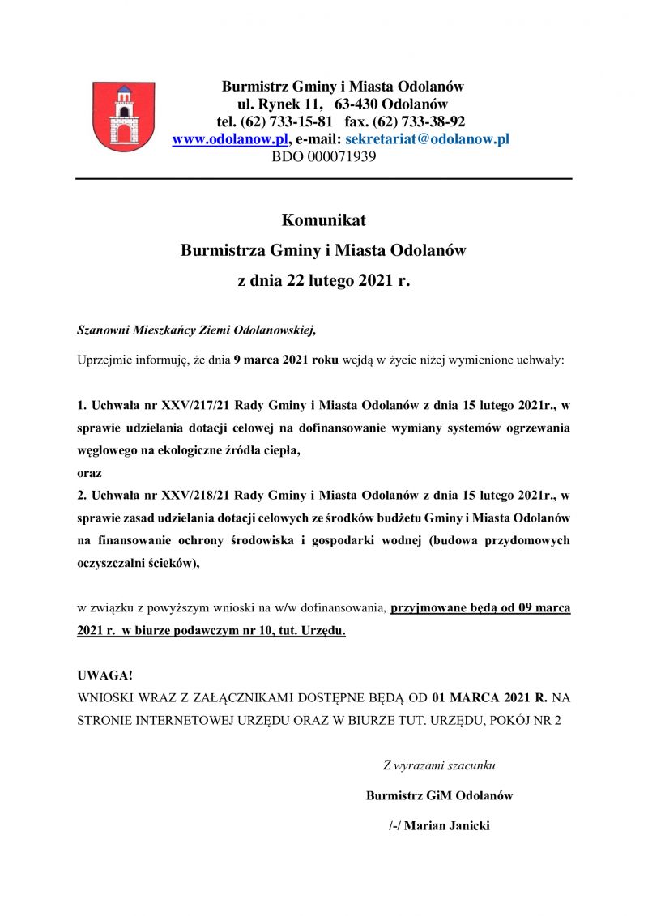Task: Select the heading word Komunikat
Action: click(323, 219)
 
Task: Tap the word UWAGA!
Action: click(105, 675)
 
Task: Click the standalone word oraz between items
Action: click(89, 472)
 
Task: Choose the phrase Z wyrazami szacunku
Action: click(439, 765)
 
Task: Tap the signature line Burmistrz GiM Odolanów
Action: click(439, 795)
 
